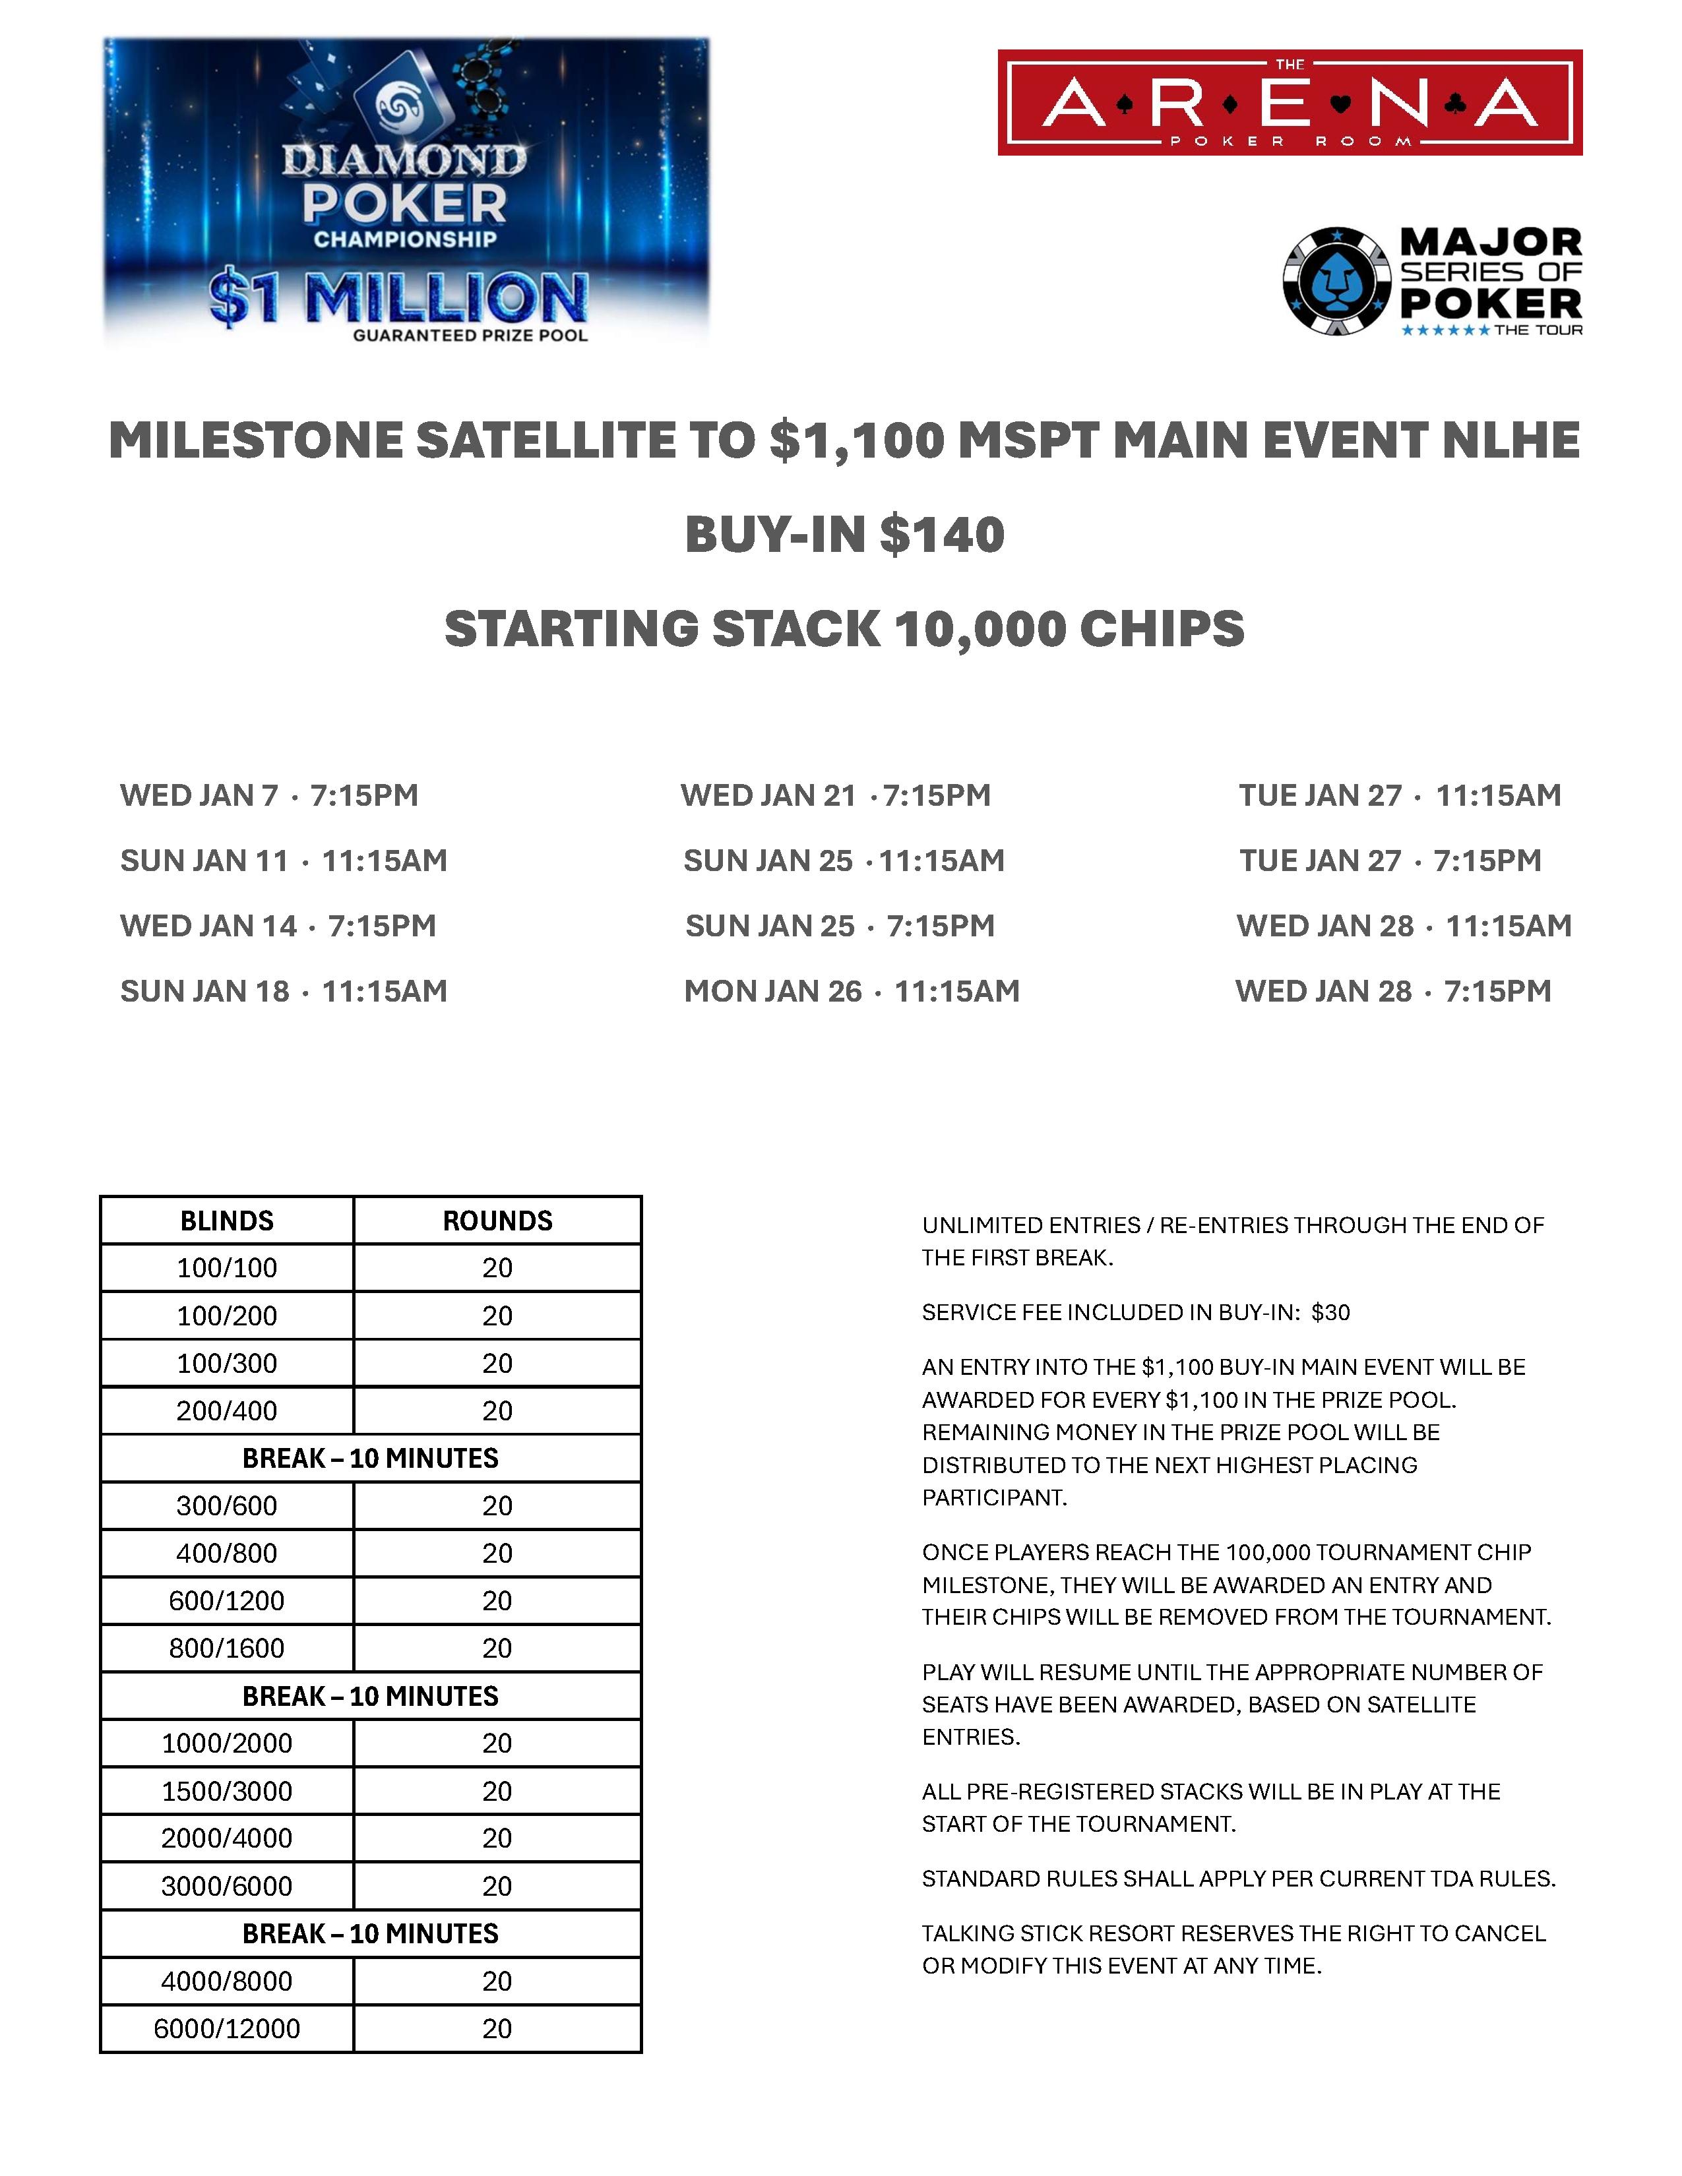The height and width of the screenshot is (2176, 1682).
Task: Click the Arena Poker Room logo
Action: pyautogui.click(x=1290, y=103)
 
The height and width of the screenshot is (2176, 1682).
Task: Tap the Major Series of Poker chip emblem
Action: pyautogui.click(x=1336, y=282)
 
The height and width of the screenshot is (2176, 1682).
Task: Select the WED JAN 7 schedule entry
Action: pyautogui.click(x=269, y=795)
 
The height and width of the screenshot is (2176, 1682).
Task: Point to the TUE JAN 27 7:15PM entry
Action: pyautogui.click(x=1390, y=860)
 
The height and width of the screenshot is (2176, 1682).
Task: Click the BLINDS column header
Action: pyautogui.click(x=227, y=1221)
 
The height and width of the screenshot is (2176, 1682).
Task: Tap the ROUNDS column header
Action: pyautogui.click(x=497, y=1221)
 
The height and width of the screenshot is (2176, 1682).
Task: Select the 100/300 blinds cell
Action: pyautogui.click(x=227, y=1363)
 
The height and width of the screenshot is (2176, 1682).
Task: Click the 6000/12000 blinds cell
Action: pyautogui.click(x=227, y=2028)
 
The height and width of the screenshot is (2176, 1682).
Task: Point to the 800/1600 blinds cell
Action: pyautogui.click(x=227, y=1648)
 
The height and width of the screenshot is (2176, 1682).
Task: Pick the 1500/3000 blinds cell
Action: pyautogui.click(x=227, y=1790)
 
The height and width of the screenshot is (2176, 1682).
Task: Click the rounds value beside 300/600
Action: pyautogui.click(x=497, y=1505)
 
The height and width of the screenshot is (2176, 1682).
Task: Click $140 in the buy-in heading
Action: pyautogui.click(x=942, y=534)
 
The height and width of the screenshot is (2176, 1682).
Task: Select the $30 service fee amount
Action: pyautogui.click(x=1330, y=1312)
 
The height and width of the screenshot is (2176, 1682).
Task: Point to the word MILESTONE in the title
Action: pyautogui.click(x=254, y=440)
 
